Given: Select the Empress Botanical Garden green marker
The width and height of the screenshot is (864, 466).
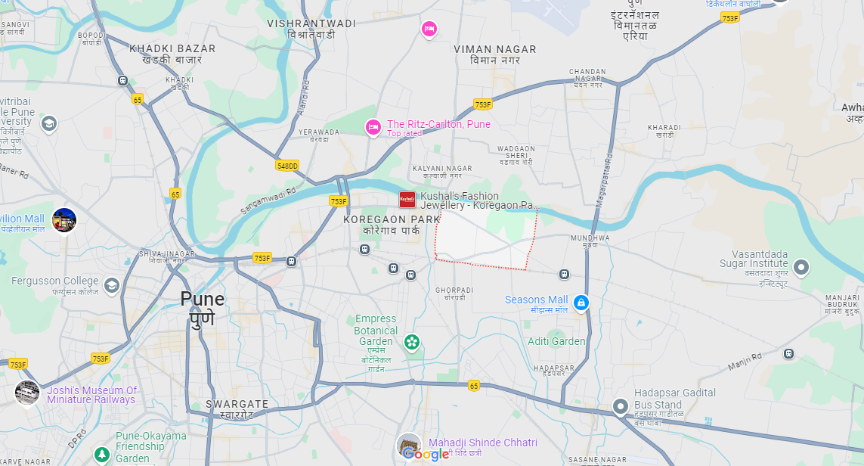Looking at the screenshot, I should [x=412, y=343].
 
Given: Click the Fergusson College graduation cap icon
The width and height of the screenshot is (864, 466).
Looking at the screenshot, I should [x=112, y=284].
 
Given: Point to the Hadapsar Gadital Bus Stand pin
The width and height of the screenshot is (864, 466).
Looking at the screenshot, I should [x=621, y=407].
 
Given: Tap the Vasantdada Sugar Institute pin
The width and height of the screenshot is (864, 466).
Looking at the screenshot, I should [x=801, y=267].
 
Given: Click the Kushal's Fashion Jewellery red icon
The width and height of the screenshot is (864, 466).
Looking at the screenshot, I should [x=407, y=200].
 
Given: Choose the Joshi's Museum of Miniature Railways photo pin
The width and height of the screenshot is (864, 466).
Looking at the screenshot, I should [x=27, y=392].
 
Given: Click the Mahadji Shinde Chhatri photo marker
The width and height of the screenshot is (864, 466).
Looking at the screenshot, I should [x=409, y=444].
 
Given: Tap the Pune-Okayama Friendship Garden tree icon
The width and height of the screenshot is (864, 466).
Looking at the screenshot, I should [x=101, y=454].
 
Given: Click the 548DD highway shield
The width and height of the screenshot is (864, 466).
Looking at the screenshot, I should [x=287, y=165].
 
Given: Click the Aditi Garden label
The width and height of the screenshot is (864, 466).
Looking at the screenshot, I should [x=556, y=341].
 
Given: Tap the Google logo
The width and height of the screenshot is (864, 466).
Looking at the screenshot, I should [x=426, y=454].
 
